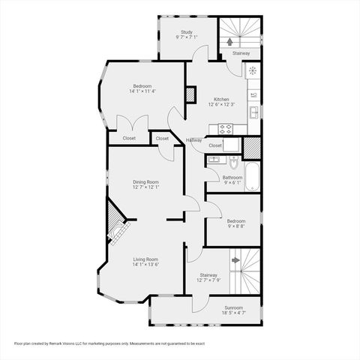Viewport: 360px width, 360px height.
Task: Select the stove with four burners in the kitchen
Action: [x=225, y=128]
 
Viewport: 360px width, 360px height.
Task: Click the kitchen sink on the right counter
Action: [x=255, y=112]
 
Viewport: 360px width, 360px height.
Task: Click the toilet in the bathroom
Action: [x=233, y=163]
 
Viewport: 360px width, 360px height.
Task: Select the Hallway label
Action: [x=194, y=140]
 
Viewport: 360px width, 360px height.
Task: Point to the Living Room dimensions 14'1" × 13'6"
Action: [x=146, y=264]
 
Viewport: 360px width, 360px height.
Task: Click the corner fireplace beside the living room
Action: [x=115, y=223]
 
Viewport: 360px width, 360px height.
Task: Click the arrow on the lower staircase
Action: [x=235, y=260]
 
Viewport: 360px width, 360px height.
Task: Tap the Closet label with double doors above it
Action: [x=129, y=138]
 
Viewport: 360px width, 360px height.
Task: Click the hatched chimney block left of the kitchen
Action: [x=190, y=94]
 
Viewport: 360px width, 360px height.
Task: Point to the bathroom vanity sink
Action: [x=214, y=160]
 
